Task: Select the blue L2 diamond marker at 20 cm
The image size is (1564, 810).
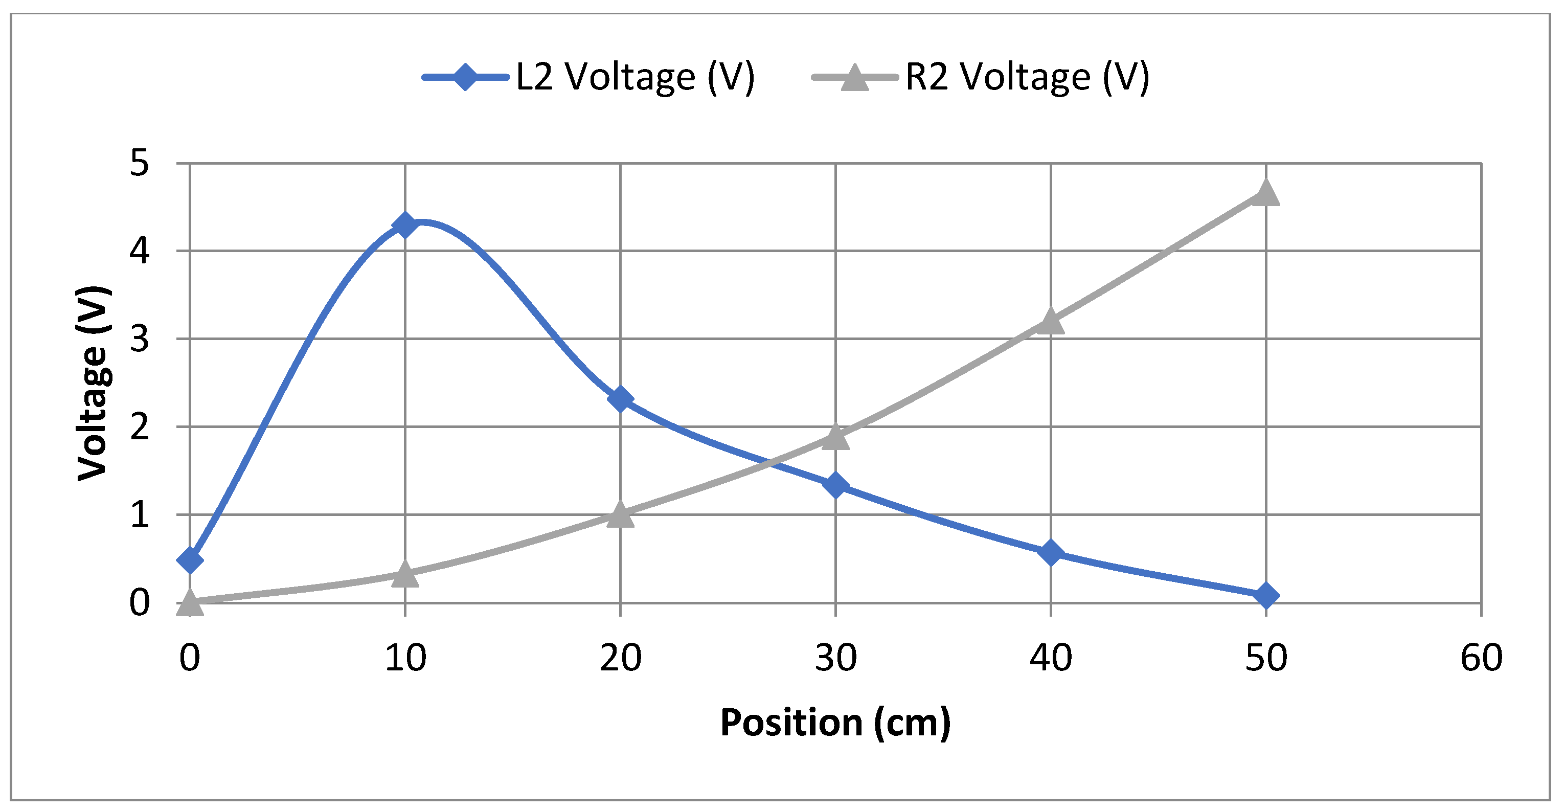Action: point(620,399)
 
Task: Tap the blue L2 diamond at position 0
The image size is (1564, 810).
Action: point(189,560)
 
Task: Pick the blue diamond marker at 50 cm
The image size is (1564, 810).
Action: point(1266,595)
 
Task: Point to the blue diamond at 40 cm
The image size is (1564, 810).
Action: point(1050,553)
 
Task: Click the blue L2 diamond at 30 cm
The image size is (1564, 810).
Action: point(835,485)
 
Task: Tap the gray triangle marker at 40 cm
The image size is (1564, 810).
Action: point(1050,321)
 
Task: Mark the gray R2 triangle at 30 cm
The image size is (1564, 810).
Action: point(835,437)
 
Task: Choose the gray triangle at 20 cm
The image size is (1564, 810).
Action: point(620,515)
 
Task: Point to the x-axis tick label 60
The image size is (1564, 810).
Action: point(1482,658)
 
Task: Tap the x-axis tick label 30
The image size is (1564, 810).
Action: point(835,658)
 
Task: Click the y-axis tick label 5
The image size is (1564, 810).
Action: point(139,164)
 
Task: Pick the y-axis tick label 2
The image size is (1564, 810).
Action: point(139,427)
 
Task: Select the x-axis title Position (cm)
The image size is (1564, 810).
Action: point(835,723)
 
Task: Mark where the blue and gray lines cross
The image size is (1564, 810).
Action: point(770,463)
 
